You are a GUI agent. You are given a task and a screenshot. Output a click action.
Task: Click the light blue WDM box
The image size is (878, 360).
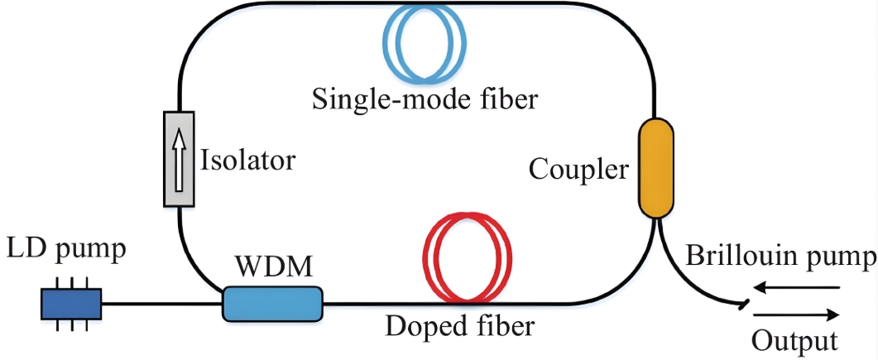(x=271, y=304)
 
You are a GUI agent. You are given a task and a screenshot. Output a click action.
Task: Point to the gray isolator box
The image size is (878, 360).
(x=179, y=159)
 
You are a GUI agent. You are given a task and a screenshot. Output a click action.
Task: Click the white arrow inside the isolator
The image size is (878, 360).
(x=179, y=158)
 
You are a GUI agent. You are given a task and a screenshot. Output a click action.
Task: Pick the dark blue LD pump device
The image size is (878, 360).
(x=71, y=305)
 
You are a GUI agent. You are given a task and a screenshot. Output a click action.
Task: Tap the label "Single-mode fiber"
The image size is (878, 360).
(x=425, y=100)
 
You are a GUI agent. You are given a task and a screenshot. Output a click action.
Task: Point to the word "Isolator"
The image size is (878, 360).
(x=247, y=159)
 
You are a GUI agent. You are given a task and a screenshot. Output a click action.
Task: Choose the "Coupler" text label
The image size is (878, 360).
(x=578, y=170)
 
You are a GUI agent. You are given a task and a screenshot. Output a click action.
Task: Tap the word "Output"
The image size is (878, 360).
(x=794, y=340)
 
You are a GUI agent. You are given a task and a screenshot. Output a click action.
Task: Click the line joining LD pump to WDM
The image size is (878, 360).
(x=161, y=304)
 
